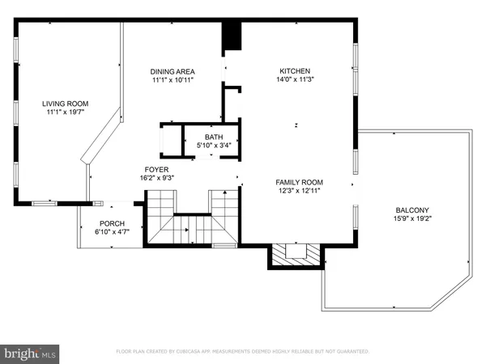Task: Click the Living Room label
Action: pyautogui.click(x=66, y=104)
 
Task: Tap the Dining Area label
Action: pyautogui.click(x=173, y=71)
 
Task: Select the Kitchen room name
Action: pyautogui.click(x=295, y=71)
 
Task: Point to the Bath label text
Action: pyautogui.click(x=214, y=137)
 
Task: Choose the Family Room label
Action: pyautogui.click(x=299, y=182)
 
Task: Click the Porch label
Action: pyautogui.click(x=112, y=223)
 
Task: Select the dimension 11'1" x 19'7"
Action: pyautogui.click(x=66, y=112)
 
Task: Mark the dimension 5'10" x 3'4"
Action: pyautogui.click(x=214, y=146)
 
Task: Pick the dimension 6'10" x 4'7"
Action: pyautogui.click(x=112, y=232)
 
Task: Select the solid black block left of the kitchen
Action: pyautogui.click(x=232, y=36)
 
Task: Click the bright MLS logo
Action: pyautogui.click(x=31, y=353)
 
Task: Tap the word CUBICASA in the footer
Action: pyautogui.click(x=210, y=352)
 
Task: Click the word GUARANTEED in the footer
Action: pyautogui.click(x=351, y=352)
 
